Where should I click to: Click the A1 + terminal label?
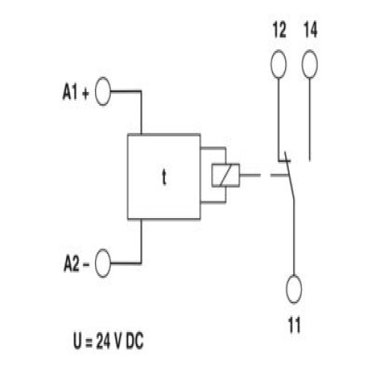(76, 92)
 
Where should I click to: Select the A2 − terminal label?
(76, 264)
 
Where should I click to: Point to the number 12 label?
(279, 30)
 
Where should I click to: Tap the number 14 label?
(310, 30)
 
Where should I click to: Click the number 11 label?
(294, 325)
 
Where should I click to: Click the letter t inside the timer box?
(164, 177)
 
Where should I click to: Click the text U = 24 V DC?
(109, 340)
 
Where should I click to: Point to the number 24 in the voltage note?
(103, 341)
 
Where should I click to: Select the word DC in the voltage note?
(135, 341)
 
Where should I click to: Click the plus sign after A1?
(86, 93)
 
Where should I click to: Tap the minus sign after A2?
(86, 265)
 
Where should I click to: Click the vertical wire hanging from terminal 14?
(310, 119)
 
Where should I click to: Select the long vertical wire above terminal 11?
(294, 238)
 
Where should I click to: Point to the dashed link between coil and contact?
(264, 175)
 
